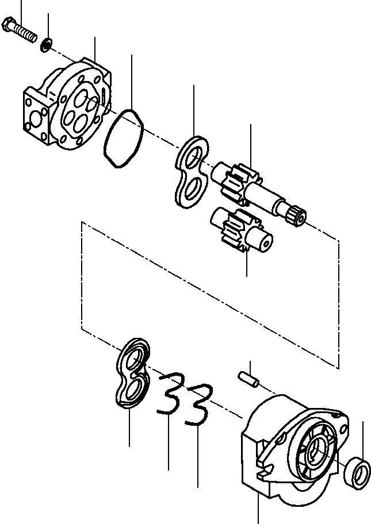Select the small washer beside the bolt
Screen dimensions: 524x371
click(x=46, y=43)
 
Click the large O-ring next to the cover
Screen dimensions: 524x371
click(x=123, y=139)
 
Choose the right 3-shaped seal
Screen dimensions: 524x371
click(x=198, y=404)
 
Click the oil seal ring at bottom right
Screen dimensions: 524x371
click(x=357, y=473)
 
